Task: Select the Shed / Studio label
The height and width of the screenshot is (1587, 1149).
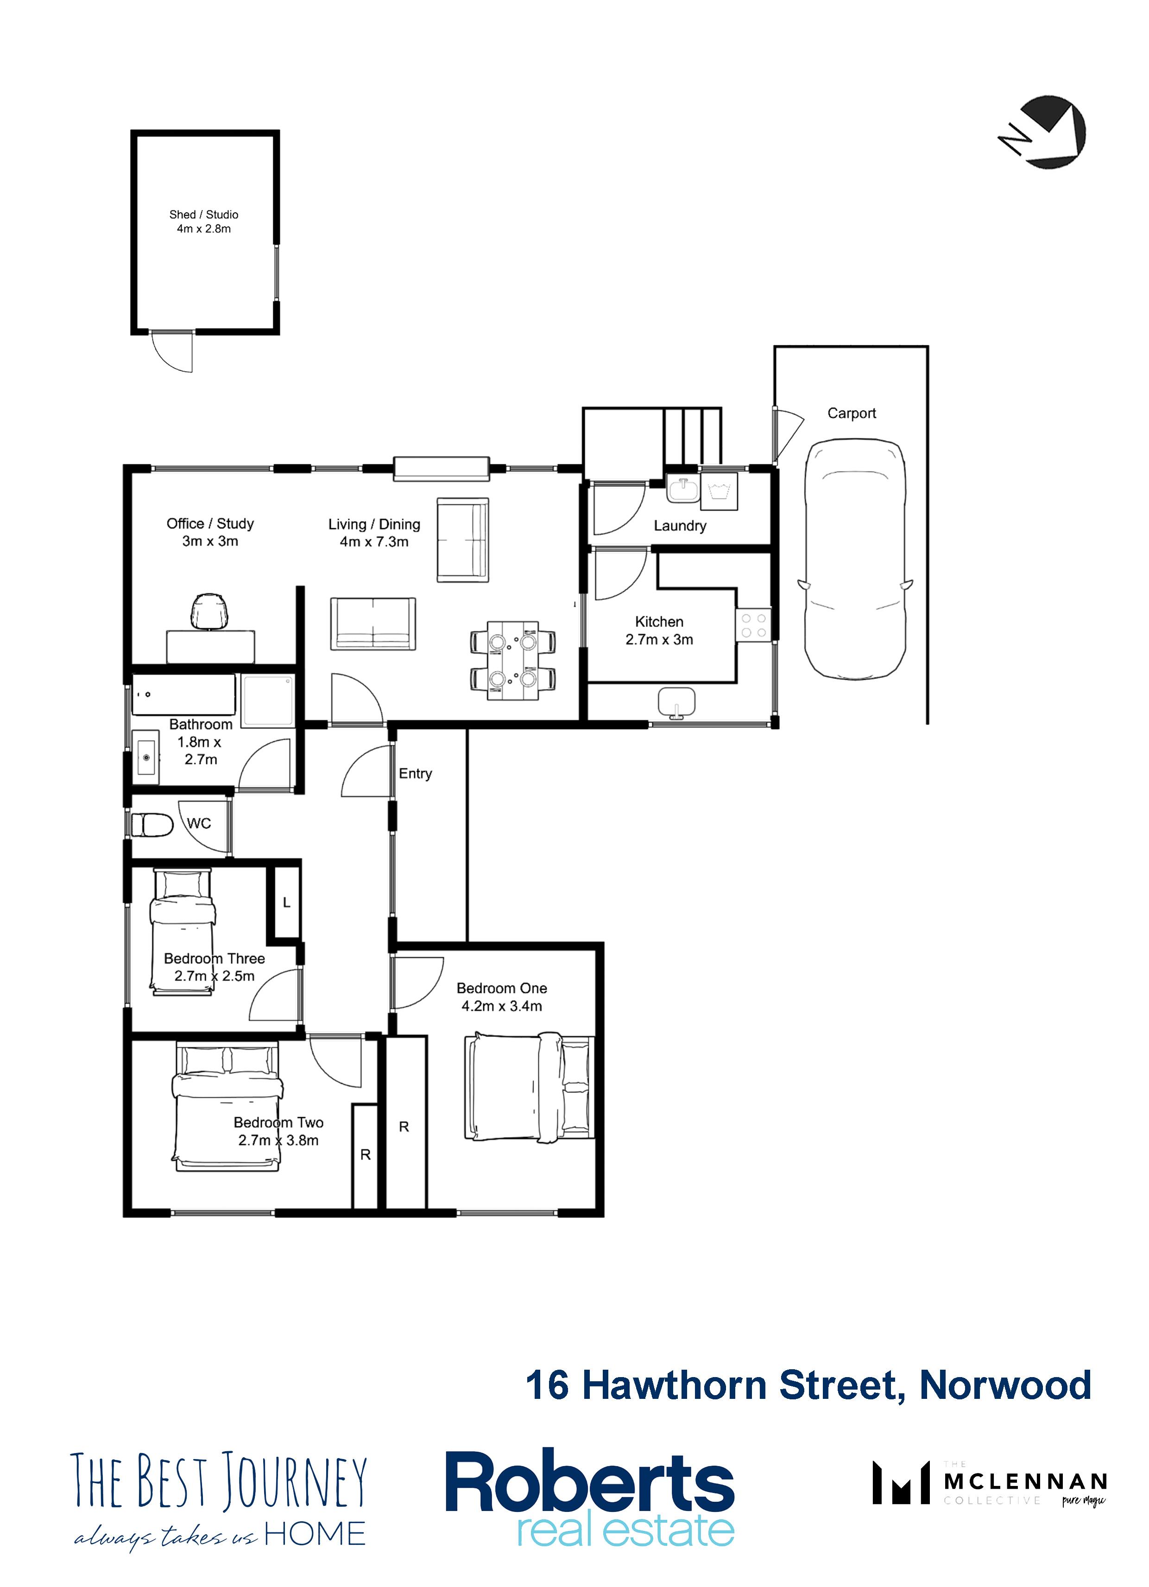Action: point(204,221)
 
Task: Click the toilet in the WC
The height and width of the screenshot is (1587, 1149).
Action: point(152,824)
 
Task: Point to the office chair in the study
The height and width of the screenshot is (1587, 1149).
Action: point(209,611)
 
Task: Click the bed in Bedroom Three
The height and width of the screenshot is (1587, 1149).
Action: point(183,930)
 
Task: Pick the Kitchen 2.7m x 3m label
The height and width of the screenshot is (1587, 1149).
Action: point(659,630)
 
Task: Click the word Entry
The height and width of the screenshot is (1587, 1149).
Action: point(415,773)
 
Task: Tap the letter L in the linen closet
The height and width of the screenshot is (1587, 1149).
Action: point(286,903)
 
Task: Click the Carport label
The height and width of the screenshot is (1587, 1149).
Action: point(852,413)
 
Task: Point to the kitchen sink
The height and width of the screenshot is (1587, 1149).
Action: point(677,702)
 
